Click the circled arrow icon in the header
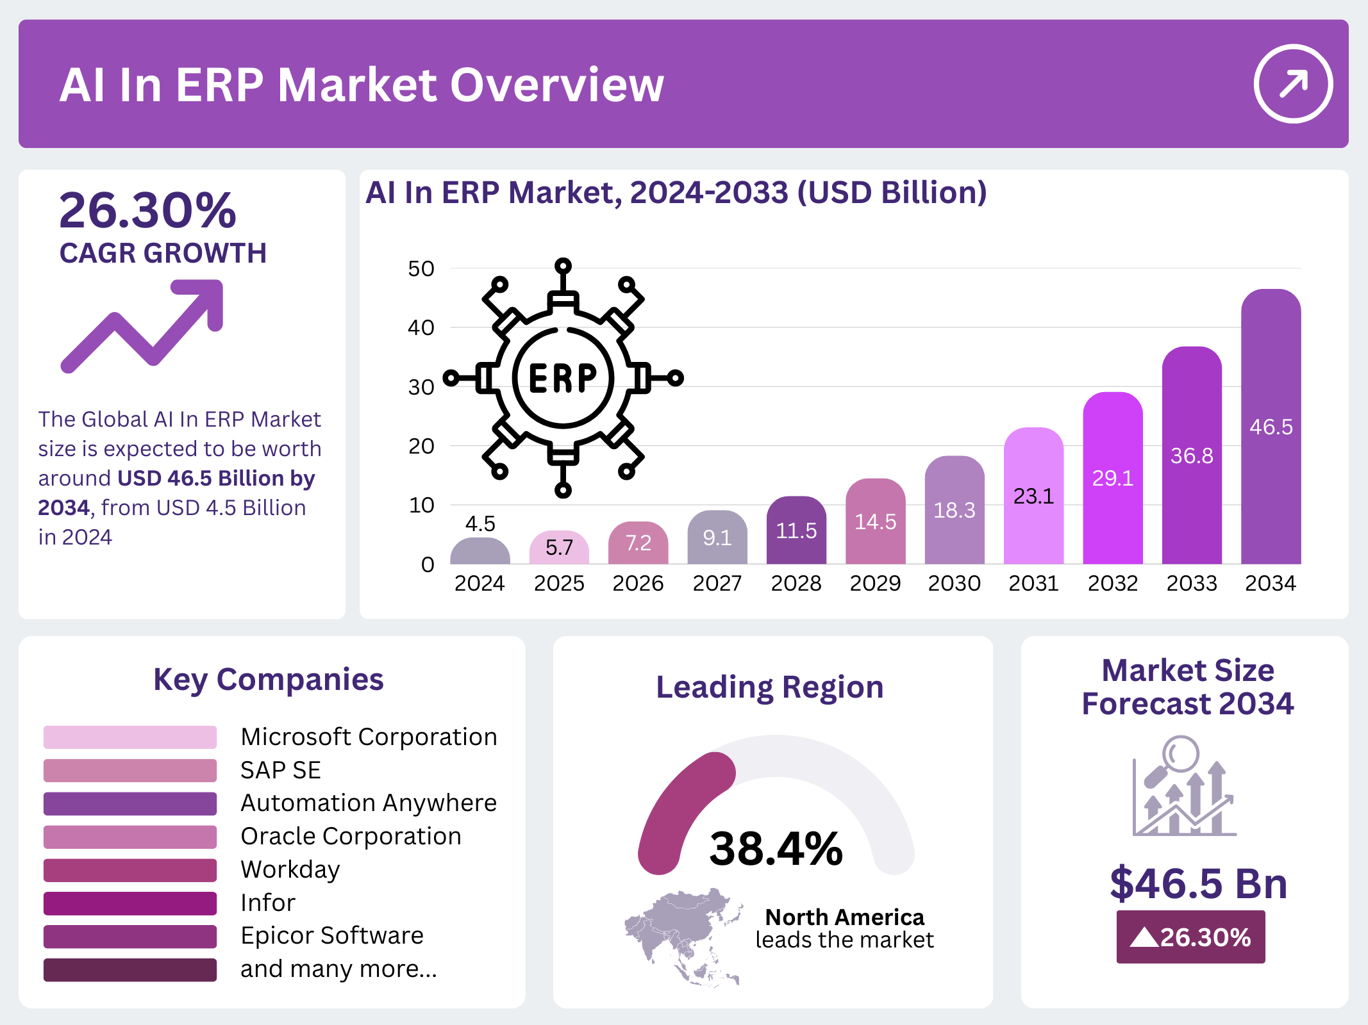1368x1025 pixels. tap(1292, 83)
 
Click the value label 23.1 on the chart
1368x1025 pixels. tap(1033, 496)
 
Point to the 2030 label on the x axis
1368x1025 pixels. tap(954, 583)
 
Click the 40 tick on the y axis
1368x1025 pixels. tap(421, 327)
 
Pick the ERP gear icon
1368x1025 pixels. tap(563, 377)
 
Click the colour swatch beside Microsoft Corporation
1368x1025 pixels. tap(129, 737)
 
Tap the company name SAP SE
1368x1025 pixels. tap(280, 770)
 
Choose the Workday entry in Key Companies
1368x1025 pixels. tap(290, 869)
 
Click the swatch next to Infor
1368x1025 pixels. tap(129, 903)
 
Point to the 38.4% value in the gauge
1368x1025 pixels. tap(776, 849)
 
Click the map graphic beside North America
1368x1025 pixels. tap(683, 935)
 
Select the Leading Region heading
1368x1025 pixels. tap(769, 687)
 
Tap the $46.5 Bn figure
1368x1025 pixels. tap(1198, 883)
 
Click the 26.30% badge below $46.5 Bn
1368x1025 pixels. tap(1190, 937)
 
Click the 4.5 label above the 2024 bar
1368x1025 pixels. tap(480, 524)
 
